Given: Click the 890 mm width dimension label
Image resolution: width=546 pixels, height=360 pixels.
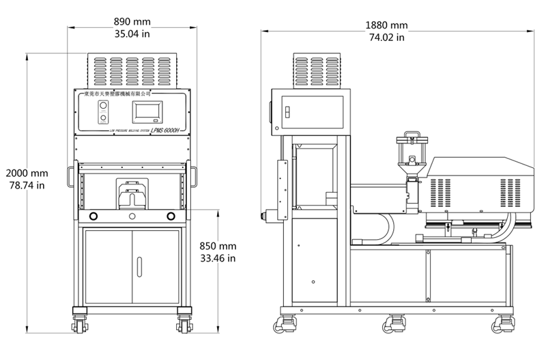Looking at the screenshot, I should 133,21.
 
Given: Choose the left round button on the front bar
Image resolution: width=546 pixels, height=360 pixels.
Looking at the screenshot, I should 93,217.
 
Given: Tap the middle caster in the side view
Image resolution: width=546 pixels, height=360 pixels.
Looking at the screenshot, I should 397,323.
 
